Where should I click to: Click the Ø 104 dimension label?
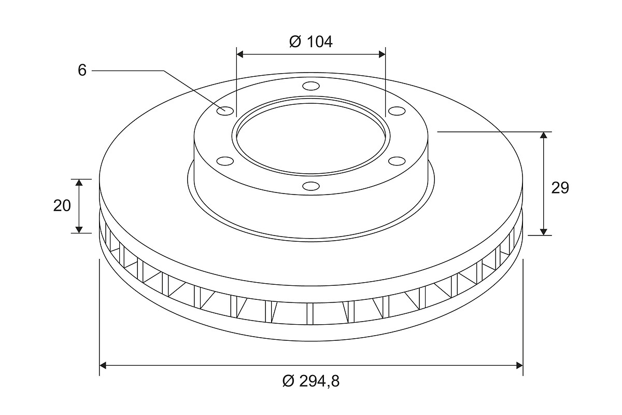(x=310, y=42)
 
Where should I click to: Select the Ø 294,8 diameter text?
(x=310, y=381)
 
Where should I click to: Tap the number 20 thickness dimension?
(x=62, y=206)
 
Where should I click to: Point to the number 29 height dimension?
(x=560, y=188)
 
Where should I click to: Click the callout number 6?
(x=82, y=70)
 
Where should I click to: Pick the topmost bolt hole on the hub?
(x=311, y=86)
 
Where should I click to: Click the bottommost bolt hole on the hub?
(x=311, y=186)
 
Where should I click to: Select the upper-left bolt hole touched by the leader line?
(x=225, y=110)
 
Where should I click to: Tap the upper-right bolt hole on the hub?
(x=397, y=110)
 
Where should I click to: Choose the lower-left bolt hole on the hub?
(x=225, y=161)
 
